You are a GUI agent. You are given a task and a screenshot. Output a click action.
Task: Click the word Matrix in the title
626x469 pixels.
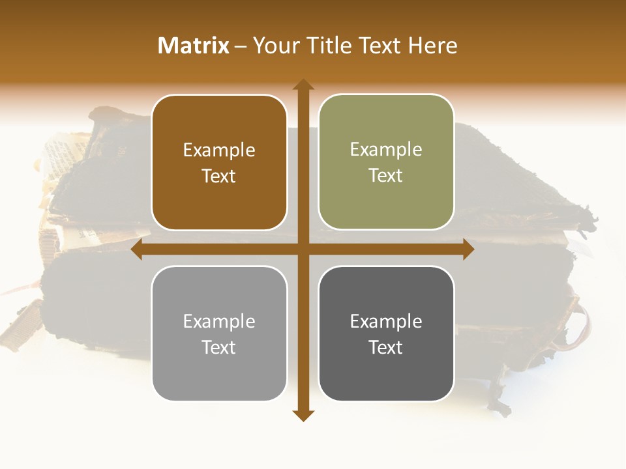[194, 46]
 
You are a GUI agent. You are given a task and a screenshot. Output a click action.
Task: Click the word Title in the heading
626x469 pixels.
[324, 46]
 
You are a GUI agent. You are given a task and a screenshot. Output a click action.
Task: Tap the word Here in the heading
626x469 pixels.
[433, 46]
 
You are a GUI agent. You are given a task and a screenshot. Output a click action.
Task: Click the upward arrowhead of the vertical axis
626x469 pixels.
[303, 85]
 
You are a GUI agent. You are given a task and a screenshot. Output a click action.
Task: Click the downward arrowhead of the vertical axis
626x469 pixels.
[303, 416]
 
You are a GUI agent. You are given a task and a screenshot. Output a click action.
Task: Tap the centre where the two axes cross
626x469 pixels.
[303, 249]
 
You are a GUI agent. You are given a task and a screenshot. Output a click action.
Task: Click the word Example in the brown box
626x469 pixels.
[219, 150]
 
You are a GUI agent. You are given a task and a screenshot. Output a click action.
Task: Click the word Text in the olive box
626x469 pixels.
[386, 176]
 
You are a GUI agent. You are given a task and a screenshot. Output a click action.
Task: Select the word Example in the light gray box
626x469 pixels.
[219, 322]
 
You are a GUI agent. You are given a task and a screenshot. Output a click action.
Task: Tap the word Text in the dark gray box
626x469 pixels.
[386, 348]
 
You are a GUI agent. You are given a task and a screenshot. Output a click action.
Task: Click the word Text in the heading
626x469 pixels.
[379, 46]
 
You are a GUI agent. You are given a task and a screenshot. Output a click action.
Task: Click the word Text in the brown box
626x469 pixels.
[219, 177]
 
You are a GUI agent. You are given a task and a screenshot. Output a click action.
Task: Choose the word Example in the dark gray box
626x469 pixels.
[386, 322]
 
